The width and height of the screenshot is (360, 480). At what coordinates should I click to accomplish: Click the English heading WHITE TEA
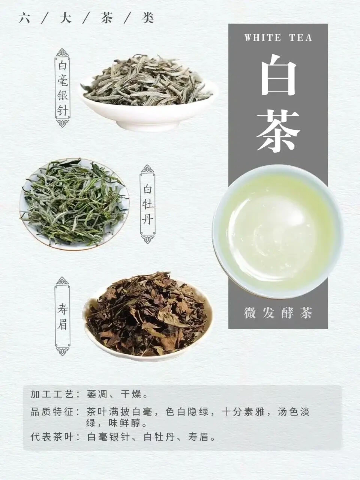[x=278, y=37]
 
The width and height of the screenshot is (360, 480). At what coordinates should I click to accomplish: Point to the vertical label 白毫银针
[x=63, y=88]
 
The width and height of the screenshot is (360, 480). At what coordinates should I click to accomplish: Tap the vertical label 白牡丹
[x=147, y=204]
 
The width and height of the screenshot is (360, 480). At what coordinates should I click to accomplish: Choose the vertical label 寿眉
[x=63, y=319]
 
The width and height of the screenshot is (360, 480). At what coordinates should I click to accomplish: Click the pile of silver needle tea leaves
[x=147, y=81]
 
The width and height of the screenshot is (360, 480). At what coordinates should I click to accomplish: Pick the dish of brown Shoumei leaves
[x=148, y=316]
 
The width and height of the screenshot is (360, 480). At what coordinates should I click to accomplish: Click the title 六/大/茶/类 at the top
[x=87, y=18]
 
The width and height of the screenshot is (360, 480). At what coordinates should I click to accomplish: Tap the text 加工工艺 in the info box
[x=52, y=394]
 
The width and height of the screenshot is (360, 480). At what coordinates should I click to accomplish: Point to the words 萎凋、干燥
[x=114, y=394]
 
